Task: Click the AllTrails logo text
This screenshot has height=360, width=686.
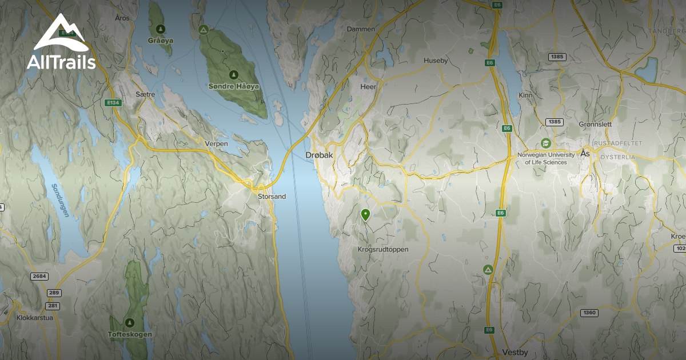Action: coord(61,62)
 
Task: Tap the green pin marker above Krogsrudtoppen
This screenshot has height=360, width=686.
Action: coord(365,215)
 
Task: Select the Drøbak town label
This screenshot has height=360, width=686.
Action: coord(318,155)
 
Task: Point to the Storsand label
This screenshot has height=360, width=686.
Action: coord(272,197)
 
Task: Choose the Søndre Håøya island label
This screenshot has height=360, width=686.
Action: coord(234,86)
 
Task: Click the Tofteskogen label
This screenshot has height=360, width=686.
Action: coord(130,334)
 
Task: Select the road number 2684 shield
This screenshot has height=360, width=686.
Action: coord(38,277)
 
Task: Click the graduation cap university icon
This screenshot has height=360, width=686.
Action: coord(545,143)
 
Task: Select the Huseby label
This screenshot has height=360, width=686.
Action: coord(436,61)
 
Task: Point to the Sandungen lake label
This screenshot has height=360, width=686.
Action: coord(60,201)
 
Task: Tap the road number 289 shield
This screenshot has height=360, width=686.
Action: coord(54,293)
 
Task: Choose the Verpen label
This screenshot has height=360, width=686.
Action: coord(216,144)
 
